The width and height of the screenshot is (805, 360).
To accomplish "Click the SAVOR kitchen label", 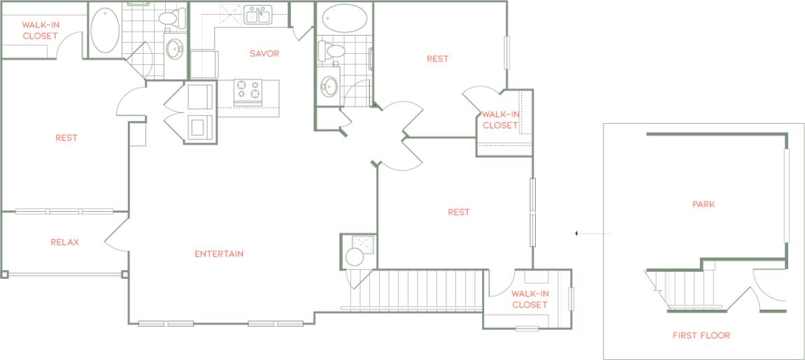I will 265,54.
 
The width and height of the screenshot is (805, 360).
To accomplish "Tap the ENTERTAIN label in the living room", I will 219,254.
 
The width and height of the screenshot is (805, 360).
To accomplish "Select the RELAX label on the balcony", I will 64,243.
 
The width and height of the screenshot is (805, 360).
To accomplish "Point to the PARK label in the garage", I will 704,205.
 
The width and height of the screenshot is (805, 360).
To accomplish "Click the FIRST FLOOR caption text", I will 701,336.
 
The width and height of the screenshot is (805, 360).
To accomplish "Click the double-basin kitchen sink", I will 257,15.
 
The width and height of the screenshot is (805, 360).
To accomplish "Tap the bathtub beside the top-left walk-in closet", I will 105,30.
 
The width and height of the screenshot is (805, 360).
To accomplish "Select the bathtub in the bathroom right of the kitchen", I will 343,18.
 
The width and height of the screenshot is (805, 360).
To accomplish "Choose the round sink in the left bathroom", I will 174,48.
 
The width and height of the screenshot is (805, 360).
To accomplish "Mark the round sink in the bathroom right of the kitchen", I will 331,87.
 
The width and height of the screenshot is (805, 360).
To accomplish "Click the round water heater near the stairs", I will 355,257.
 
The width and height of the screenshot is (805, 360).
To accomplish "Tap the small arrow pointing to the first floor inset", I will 576,233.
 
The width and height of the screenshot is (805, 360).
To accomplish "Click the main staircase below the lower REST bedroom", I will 427,289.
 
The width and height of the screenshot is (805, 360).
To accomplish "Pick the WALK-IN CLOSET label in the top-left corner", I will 40,30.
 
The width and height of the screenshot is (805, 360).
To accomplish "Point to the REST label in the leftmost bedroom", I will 66,138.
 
